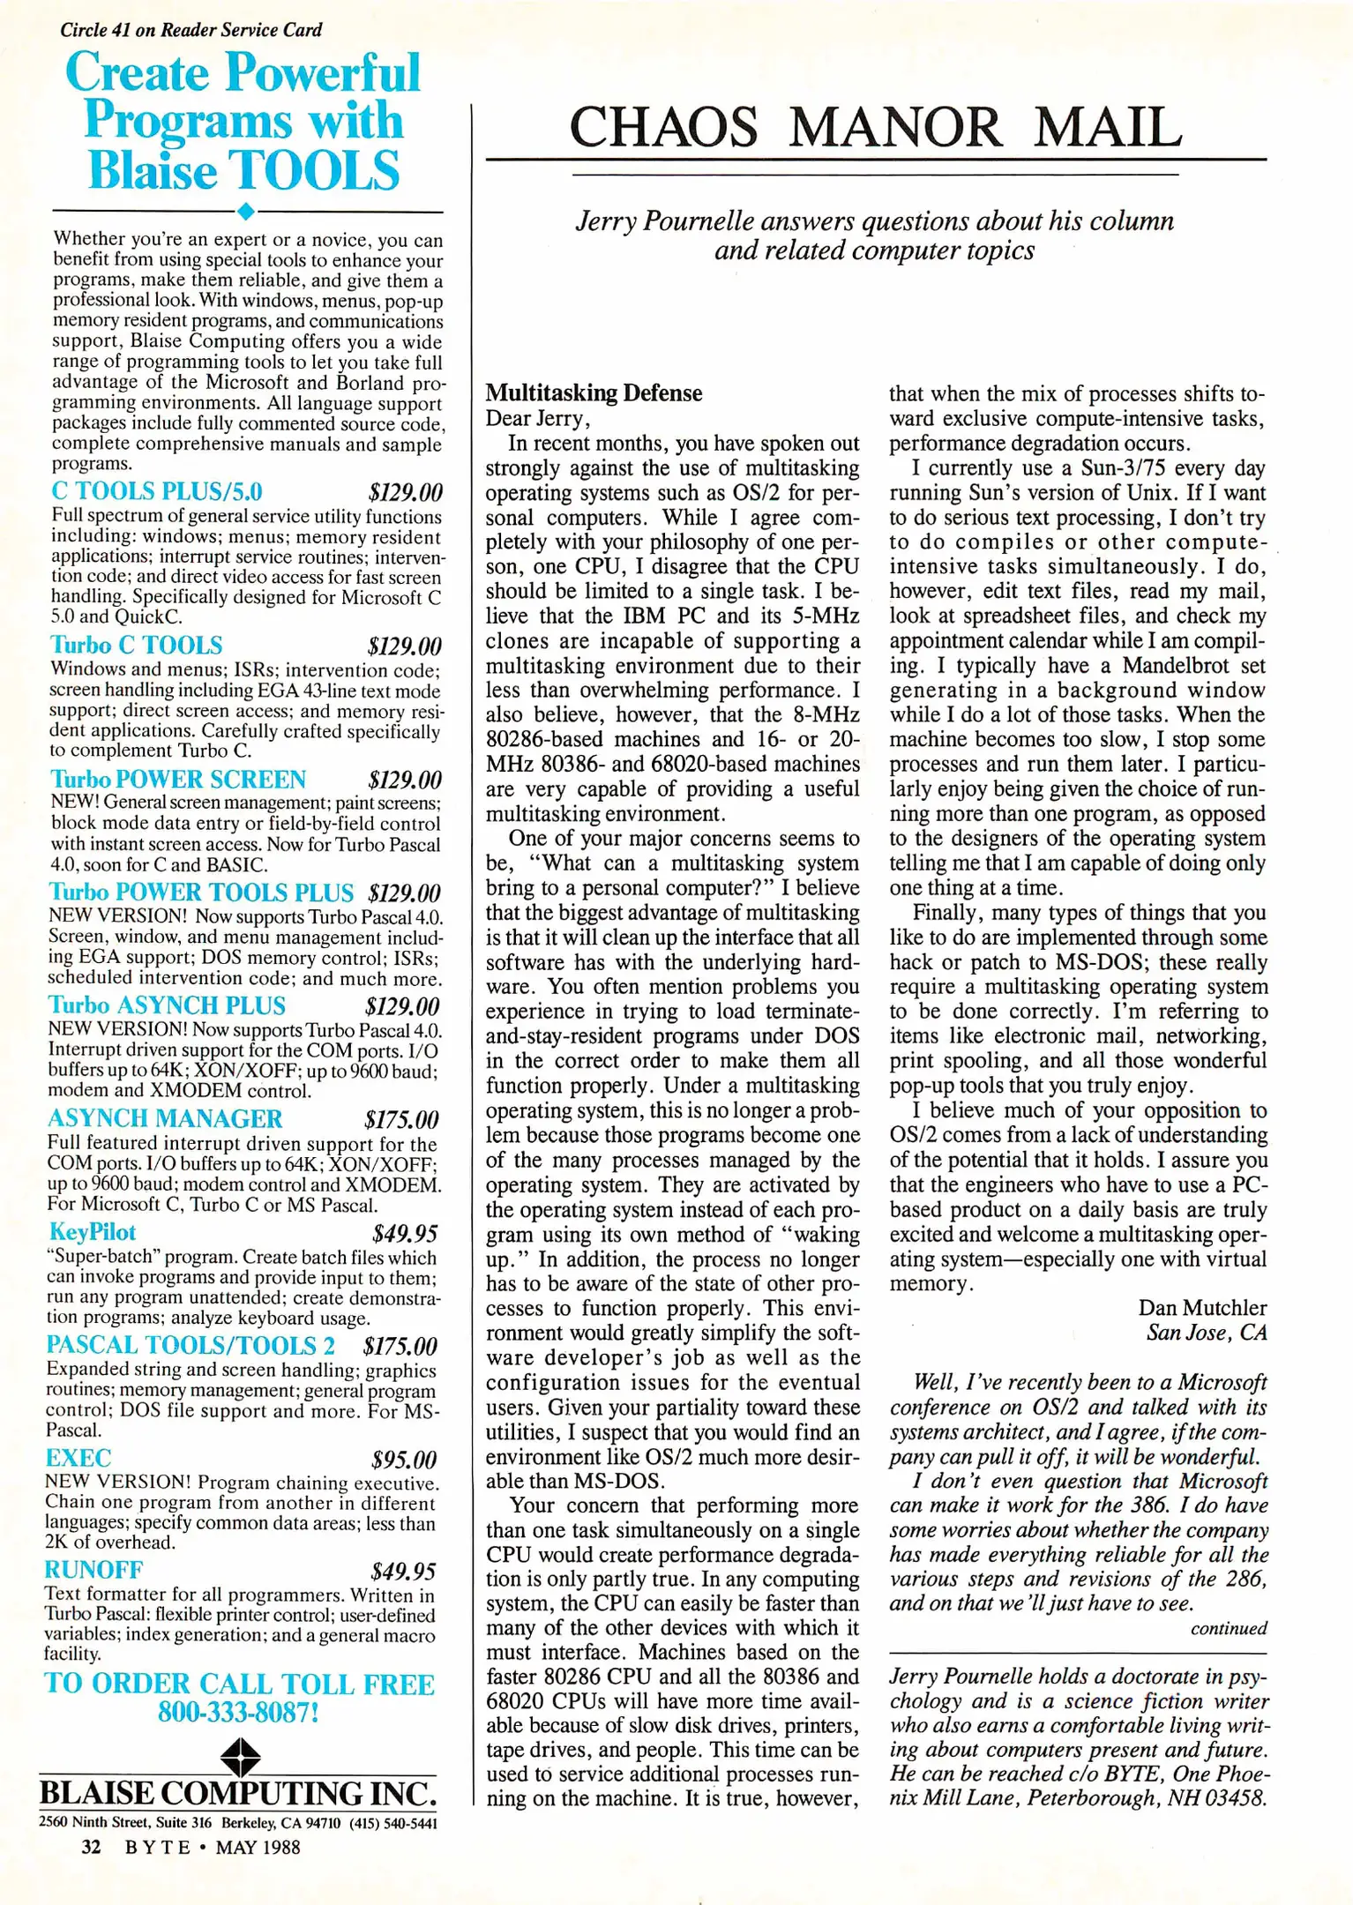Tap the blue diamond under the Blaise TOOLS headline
pyautogui.click(x=246, y=212)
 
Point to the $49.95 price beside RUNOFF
pyautogui.click(x=403, y=1572)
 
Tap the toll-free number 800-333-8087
pyautogui.click(x=238, y=1713)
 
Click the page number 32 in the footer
pyautogui.click(x=91, y=1847)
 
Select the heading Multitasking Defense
pyautogui.click(x=594, y=392)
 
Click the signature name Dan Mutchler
pyautogui.click(x=1202, y=1307)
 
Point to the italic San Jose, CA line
pyautogui.click(x=1206, y=1332)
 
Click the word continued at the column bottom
pyautogui.click(x=1228, y=1628)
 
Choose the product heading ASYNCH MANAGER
pyautogui.click(x=165, y=1118)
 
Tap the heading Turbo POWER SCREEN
pyautogui.click(x=178, y=780)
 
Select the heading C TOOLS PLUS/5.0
pyautogui.click(x=157, y=491)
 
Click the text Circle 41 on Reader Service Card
pyautogui.click(x=191, y=30)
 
